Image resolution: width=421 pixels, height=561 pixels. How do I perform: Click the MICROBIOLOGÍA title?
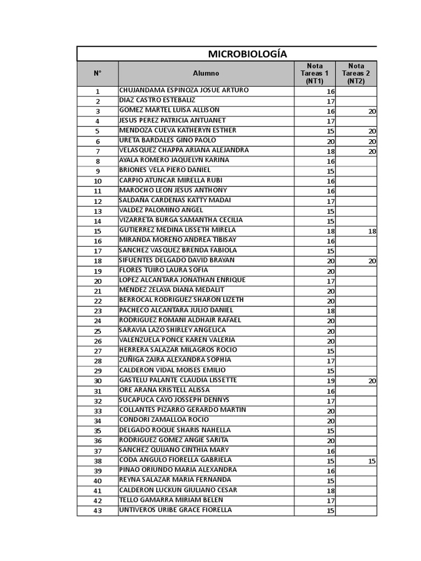tap(247, 54)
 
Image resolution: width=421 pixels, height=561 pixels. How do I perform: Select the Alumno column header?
tap(206, 73)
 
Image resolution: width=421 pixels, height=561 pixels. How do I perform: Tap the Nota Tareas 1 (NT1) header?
tap(315, 73)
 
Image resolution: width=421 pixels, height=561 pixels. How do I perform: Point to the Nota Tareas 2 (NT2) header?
tap(356, 73)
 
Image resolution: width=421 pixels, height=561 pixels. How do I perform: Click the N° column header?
tap(98, 73)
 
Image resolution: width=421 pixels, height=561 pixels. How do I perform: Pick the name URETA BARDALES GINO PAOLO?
tap(167, 140)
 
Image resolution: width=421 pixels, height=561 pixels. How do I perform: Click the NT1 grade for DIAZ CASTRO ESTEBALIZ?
tap(331, 101)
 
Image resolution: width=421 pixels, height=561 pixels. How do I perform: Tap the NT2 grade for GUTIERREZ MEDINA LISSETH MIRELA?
tap(372, 231)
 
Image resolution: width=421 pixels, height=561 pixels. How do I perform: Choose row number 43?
tap(98, 511)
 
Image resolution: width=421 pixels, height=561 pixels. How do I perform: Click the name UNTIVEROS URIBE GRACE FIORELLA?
tap(175, 510)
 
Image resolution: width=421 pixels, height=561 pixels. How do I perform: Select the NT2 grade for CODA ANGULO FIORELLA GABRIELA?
tap(372, 461)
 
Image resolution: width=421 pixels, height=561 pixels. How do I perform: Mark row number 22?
tap(98, 301)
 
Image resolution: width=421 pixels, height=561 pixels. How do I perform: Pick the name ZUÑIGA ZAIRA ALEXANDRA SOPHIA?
tap(175, 360)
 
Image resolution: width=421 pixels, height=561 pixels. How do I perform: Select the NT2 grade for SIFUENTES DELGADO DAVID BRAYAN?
tap(372, 261)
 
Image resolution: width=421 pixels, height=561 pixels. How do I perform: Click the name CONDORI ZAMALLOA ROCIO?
tap(164, 420)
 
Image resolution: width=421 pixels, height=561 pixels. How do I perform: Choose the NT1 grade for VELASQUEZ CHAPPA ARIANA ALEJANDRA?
tap(331, 151)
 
